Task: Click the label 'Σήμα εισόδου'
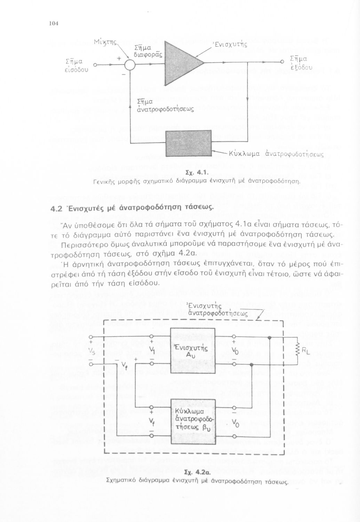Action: click(77, 65)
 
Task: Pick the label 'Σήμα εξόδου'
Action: click(298, 63)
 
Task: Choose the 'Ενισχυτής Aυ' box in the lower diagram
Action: click(192, 351)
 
